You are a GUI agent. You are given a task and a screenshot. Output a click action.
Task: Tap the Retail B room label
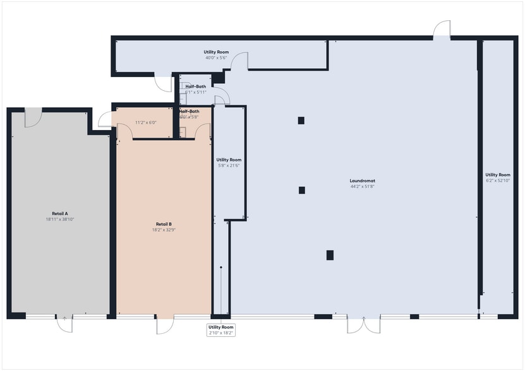click(x=164, y=224)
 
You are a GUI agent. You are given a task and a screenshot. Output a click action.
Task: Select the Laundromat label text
click(x=363, y=181)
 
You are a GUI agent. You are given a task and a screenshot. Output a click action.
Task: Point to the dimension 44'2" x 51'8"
click(x=363, y=187)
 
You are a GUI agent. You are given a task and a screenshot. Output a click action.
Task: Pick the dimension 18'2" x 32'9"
click(x=164, y=230)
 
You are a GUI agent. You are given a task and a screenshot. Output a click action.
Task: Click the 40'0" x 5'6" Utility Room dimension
click(x=216, y=58)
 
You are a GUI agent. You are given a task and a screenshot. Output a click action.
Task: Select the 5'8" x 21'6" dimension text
click(x=229, y=165)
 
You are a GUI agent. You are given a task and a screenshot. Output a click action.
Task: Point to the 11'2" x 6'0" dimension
click(x=145, y=122)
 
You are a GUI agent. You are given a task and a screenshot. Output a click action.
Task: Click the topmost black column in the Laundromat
click(x=301, y=121)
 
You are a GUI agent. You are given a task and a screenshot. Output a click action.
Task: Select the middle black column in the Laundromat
click(x=302, y=190)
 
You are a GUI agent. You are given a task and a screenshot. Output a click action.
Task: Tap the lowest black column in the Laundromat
click(x=330, y=255)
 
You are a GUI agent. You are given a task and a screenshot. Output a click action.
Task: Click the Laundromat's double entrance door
click(x=363, y=324)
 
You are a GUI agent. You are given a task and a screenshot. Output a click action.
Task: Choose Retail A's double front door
click(x=64, y=322)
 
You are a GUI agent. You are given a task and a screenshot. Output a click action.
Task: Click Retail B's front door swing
click(x=164, y=324)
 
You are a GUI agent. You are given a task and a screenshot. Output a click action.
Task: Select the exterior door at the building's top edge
click(x=442, y=29)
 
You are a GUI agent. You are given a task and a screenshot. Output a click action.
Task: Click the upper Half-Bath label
click(x=195, y=86)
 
